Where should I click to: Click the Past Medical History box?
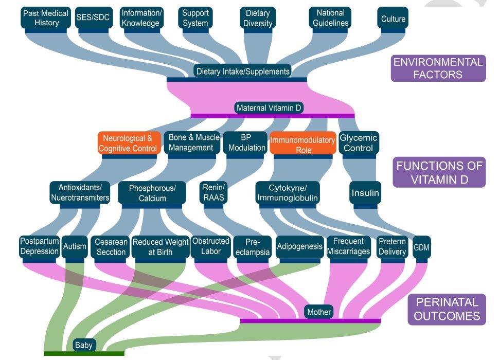tap(45, 18)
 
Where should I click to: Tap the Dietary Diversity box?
tap(258, 18)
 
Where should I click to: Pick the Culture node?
tap(393, 19)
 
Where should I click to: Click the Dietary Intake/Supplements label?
tap(243, 71)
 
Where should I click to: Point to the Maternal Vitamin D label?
tap(269, 108)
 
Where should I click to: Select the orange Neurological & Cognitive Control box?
tap(128, 143)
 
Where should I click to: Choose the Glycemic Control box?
tap(358, 142)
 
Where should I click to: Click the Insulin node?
tap(365, 193)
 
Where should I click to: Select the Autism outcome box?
tap(75, 246)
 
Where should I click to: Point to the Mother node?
tap(319, 312)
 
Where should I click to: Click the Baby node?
tap(83, 345)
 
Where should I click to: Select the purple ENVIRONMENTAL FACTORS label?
tap(438, 68)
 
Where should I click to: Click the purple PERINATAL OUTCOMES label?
tap(447, 309)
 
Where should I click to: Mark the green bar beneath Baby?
tap(84, 353)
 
